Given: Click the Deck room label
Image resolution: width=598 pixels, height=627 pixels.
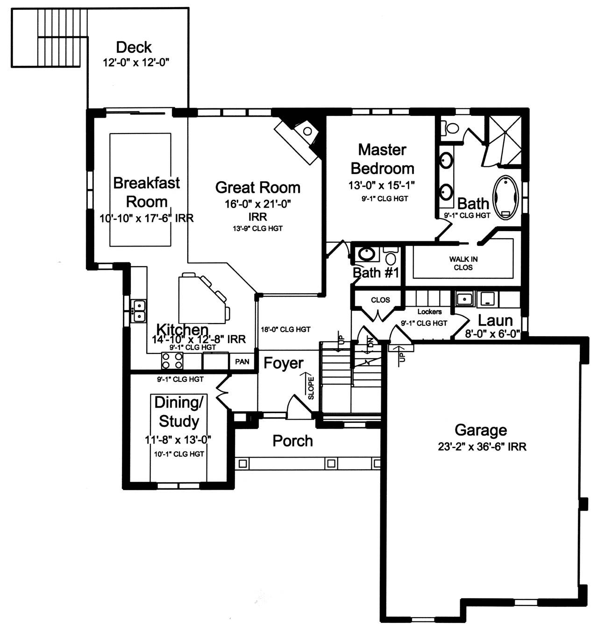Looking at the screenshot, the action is pos(134,48).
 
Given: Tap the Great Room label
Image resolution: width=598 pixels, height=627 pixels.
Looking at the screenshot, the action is pos(258,188).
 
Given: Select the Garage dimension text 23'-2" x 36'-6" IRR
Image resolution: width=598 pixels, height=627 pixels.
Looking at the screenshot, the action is pos(482,447).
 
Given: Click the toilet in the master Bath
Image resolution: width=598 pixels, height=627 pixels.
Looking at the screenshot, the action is pos(449,128).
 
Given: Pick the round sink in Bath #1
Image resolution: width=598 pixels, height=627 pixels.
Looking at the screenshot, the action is pos(367,254).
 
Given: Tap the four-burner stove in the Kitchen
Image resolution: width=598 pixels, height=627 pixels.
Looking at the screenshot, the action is pos(172,360).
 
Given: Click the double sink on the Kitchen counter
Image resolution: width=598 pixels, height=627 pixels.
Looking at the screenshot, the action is pos(139,311).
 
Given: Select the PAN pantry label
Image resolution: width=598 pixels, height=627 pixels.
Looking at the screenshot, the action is pos(242,362).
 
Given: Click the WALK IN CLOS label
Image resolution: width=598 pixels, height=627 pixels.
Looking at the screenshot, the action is pos(463,263).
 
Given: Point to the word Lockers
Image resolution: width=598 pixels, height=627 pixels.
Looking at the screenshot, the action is pos(430,311).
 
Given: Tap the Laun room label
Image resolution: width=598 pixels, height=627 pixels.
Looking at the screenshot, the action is pos(495,321).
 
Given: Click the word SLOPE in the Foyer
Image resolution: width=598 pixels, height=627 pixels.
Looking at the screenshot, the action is pos(311,388).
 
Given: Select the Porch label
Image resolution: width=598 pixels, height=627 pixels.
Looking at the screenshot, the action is pos(292,441).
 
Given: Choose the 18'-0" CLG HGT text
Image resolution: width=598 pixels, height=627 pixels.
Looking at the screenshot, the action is pos(285,330).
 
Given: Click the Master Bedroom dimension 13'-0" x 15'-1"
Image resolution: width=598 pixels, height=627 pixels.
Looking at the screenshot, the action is pos(382,185).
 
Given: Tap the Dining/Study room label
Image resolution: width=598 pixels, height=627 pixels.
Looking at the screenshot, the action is pos(179,412).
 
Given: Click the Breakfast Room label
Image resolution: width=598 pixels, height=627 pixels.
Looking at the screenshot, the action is pos(147,192).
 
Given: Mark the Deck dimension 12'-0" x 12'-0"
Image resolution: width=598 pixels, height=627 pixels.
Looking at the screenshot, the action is pos(135,62).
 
